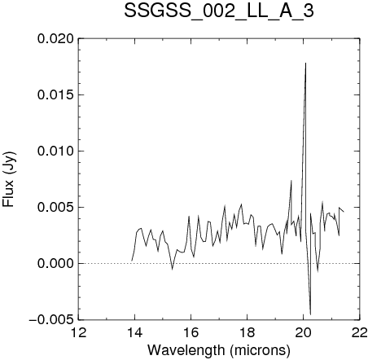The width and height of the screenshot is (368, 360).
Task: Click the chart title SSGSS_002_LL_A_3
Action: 219,11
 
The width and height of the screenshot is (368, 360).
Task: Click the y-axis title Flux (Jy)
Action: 8,179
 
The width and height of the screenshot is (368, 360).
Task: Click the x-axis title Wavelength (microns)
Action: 219,350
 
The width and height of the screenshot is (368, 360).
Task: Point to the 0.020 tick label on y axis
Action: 55,39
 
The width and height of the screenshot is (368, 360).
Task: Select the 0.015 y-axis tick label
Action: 55,95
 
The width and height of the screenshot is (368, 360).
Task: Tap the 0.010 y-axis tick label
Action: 55,151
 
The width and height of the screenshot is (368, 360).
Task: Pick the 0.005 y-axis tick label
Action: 55,208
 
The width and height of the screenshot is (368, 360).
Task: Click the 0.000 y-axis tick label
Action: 55,264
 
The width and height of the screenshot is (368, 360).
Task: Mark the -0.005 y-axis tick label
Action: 51,320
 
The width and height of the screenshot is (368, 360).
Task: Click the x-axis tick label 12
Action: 79,333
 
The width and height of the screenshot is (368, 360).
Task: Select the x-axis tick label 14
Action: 135,333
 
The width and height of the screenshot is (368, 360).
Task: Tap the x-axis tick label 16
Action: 191,333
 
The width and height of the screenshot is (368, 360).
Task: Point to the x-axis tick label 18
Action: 248,333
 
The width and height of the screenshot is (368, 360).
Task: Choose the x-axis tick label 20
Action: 304,333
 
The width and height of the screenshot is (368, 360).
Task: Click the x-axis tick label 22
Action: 360,333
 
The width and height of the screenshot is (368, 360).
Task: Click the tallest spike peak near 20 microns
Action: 306,63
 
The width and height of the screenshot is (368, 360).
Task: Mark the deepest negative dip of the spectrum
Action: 310,314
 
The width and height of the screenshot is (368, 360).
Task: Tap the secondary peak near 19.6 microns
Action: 291,180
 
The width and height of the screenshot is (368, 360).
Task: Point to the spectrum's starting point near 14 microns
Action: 132,261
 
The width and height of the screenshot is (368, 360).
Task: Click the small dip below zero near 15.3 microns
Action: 172,269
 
